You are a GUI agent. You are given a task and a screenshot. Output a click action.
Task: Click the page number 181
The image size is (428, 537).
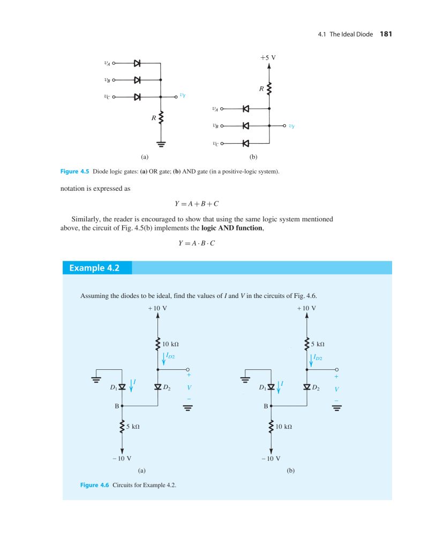click(386, 34)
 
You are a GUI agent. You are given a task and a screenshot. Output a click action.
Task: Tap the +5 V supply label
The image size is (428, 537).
click(268, 57)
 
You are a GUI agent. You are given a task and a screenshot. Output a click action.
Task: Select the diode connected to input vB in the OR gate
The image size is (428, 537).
click(137, 80)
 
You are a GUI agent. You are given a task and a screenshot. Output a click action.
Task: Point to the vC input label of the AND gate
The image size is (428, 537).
click(215, 143)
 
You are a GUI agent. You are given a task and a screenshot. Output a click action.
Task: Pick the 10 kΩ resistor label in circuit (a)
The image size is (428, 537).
click(170, 344)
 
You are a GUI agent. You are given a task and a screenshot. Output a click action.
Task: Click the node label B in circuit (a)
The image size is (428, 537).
click(116, 406)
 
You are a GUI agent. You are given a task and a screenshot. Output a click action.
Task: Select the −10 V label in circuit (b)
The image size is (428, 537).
click(271, 459)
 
